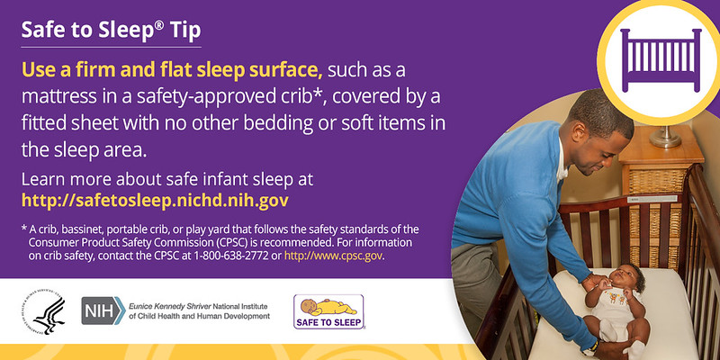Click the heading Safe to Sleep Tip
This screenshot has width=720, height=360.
click(x=111, y=31)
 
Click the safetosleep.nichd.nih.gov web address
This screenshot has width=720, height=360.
click(x=155, y=200)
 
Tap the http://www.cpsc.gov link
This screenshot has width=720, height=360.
click(x=333, y=256)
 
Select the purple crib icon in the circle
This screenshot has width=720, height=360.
click(x=661, y=59)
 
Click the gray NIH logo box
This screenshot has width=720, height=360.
click(x=103, y=310)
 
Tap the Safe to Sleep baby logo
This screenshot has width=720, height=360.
click(x=328, y=311)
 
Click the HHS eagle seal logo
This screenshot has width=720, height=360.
click(x=43, y=311)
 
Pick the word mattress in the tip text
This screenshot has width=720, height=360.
click(x=54, y=97)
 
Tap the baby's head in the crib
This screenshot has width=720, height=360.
click(x=628, y=277)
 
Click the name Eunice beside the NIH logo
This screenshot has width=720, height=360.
click(x=139, y=307)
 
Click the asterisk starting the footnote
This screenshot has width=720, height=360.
click(x=24, y=228)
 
